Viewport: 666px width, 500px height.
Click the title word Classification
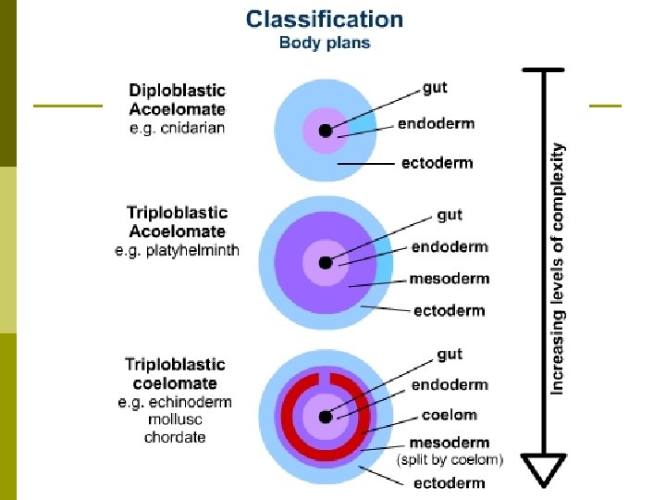[324, 19]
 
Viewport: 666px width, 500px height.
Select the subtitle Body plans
[325, 44]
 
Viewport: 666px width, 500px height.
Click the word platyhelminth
[191, 250]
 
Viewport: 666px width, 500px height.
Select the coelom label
[449, 415]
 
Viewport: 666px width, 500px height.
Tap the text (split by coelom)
[450, 459]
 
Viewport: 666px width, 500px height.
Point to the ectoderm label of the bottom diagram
[449, 482]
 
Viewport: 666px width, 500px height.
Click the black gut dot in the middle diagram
[325, 263]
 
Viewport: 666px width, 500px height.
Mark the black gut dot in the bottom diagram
[325, 415]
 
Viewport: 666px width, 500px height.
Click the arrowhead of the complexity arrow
[545, 469]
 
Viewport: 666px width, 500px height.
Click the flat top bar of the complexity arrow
[544, 70]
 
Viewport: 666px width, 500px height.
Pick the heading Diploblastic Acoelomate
[177, 100]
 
